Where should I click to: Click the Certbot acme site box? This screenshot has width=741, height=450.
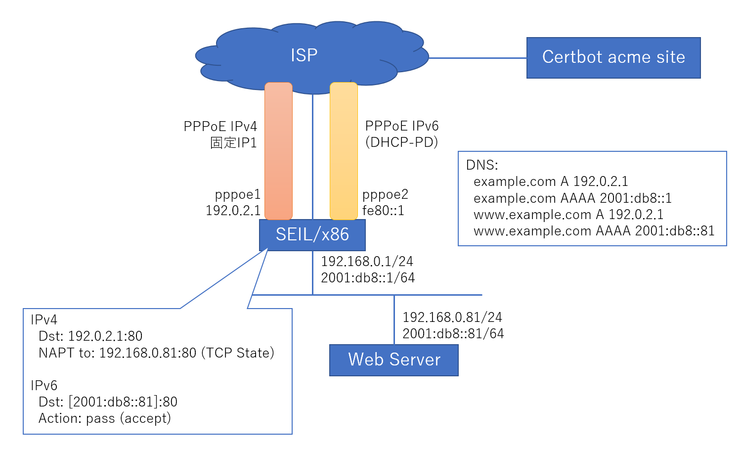pyautogui.click(x=613, y=57)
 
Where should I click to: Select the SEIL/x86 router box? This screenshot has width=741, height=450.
pyautogui.click(x=312, y=235)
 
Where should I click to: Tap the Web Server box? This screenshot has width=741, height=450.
pyautogui.click(x=393, y=360)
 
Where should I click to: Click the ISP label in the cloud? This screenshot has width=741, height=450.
pyautogui.click(x=304, y=55)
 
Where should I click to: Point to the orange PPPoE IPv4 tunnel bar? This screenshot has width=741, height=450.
pyautogui.click(x=278, y=151)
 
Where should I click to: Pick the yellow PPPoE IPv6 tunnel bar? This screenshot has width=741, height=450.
pyautogui.click(x=344, y=151)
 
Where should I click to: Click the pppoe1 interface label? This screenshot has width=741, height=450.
pyautogui.click(x=238, y=194)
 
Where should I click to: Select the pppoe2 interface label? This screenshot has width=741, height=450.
pyautogui.click(x=385, y=194)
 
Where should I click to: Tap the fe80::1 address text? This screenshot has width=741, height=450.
pyautogui.click(x=383, y=211)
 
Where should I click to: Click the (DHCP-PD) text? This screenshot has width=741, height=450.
pyautogui.click(x=401, y=142)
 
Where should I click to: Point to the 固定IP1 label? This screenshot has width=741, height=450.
pyautogui.click(x=233, y=143)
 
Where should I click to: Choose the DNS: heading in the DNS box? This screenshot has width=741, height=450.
pyautogui.click(x=482, y=165)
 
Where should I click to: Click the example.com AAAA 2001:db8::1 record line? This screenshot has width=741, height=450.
pyautogui.click(x=572, y=198)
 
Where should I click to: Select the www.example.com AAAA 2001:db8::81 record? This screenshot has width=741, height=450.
pyautogui.click(x=594, y=231)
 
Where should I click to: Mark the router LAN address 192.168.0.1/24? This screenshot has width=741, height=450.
pyautogui.click(x=367, y=261)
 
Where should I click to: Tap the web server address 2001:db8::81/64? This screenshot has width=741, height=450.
pyautogui.click(x=453, y=334)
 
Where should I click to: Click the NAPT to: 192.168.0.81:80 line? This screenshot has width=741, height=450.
pyautogui.click(x=156, y=353)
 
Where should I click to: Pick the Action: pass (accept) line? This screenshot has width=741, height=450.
pyautogui.click(x=105, y=418)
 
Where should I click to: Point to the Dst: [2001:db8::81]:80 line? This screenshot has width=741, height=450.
pyautogui.click(x=108, y=402)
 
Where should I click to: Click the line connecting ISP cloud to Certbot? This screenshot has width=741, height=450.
pyautogui.click(x=477, y=58)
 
